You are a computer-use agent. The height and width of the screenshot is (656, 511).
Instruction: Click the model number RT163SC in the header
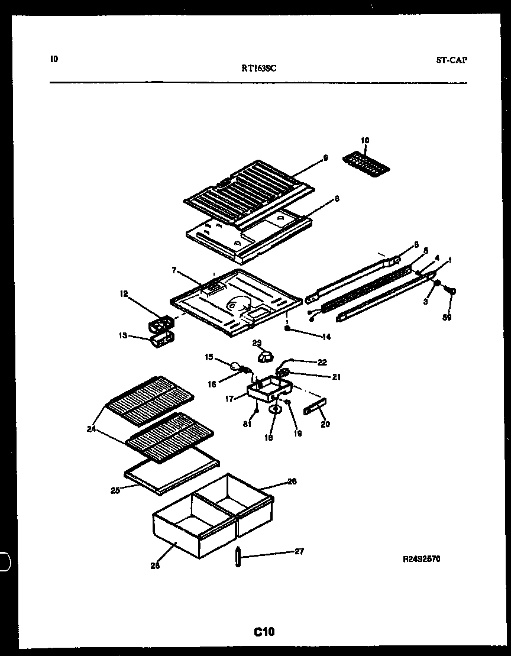point(259,68)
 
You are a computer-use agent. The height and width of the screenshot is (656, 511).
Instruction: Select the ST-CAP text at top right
point(451,60)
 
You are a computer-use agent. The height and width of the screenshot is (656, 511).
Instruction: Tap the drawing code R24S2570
point(421,558)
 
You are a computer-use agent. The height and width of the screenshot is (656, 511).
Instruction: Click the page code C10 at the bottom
point(264,632)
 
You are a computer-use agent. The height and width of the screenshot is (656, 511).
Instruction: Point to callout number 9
point(325,158)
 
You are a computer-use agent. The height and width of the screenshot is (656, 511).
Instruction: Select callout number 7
point(174,270)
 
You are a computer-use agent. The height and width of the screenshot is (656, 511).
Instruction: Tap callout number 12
point(123,293)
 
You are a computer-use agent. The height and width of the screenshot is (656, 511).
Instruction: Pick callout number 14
point(325,337)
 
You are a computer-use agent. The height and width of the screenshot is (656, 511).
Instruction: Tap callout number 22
point(322,362)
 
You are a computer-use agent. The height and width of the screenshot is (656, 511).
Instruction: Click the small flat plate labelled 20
point(314,409)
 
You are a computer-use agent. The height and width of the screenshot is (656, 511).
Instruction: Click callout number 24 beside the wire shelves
point(91,429)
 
